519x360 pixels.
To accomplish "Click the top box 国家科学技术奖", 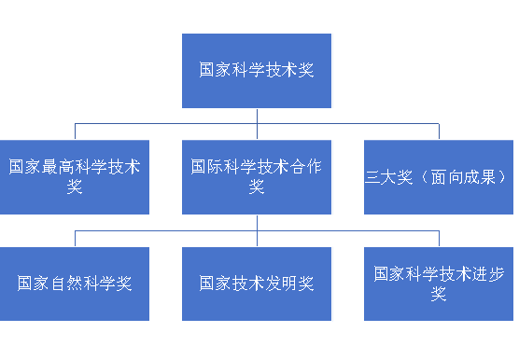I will point(257,70).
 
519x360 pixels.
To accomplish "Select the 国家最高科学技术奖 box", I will point(75,176).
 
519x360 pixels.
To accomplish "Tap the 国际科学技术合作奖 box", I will point(257,176).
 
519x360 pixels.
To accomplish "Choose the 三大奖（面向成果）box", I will point(439,176).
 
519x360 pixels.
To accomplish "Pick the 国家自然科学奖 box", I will point(75,284).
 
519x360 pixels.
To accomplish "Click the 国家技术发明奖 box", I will point(257,284).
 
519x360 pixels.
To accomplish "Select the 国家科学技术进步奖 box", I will point(439,284).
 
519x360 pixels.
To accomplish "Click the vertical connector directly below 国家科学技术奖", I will point(257,116).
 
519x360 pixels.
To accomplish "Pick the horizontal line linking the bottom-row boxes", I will point(168,231).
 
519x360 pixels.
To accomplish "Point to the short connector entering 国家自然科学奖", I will point(75,239).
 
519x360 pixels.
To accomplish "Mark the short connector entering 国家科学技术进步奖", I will point(439,239).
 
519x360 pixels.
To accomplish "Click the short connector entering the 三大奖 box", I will point(439,132).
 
